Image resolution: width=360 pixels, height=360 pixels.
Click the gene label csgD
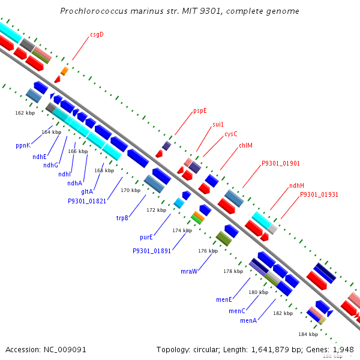(x=97, y=34)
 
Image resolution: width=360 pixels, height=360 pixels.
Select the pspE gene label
(x=200, y=110)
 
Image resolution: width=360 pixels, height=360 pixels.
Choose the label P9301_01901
(x=280, y=163)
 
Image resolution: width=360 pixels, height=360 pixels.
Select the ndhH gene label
(x=296, y=185)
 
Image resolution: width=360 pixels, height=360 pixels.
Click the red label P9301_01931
(x=319, y=194)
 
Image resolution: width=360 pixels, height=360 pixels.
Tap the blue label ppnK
(x=23, y=145)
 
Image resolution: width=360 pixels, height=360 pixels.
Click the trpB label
(x=122, y=218)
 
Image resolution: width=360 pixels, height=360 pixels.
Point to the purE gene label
(x=146, y=238)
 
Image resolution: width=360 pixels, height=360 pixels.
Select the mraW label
(x=189, y=271)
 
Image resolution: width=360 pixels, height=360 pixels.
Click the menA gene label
(x=248, y=321)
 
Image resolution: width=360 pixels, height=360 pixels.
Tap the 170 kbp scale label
(x=130, y=190)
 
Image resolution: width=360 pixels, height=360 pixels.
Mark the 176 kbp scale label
(x=208, y=251)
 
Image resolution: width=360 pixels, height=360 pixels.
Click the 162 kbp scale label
(x=25, y=112)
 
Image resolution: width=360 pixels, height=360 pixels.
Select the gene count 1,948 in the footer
(x=343, y=349)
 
